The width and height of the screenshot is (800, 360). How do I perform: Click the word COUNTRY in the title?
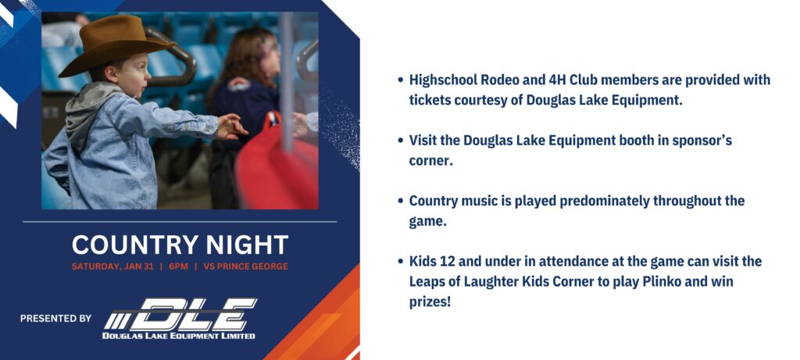pos(135,244)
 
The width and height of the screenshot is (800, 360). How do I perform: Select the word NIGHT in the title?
pos(248,244)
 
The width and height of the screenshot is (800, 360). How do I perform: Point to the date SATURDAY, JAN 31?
pos(112,266)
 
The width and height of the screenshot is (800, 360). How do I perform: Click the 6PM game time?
pos(179,266)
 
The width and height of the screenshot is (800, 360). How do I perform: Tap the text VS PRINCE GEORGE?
pos(245,266)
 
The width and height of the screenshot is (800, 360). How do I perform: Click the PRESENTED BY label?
pos(55,318)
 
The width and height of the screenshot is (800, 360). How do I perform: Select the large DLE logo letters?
pos(180,315)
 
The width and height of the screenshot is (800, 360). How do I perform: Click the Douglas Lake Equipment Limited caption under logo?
pos(179,336)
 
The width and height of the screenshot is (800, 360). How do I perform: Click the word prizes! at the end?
pos(430,302)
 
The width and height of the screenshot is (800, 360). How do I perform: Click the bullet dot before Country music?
pos(401,201)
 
